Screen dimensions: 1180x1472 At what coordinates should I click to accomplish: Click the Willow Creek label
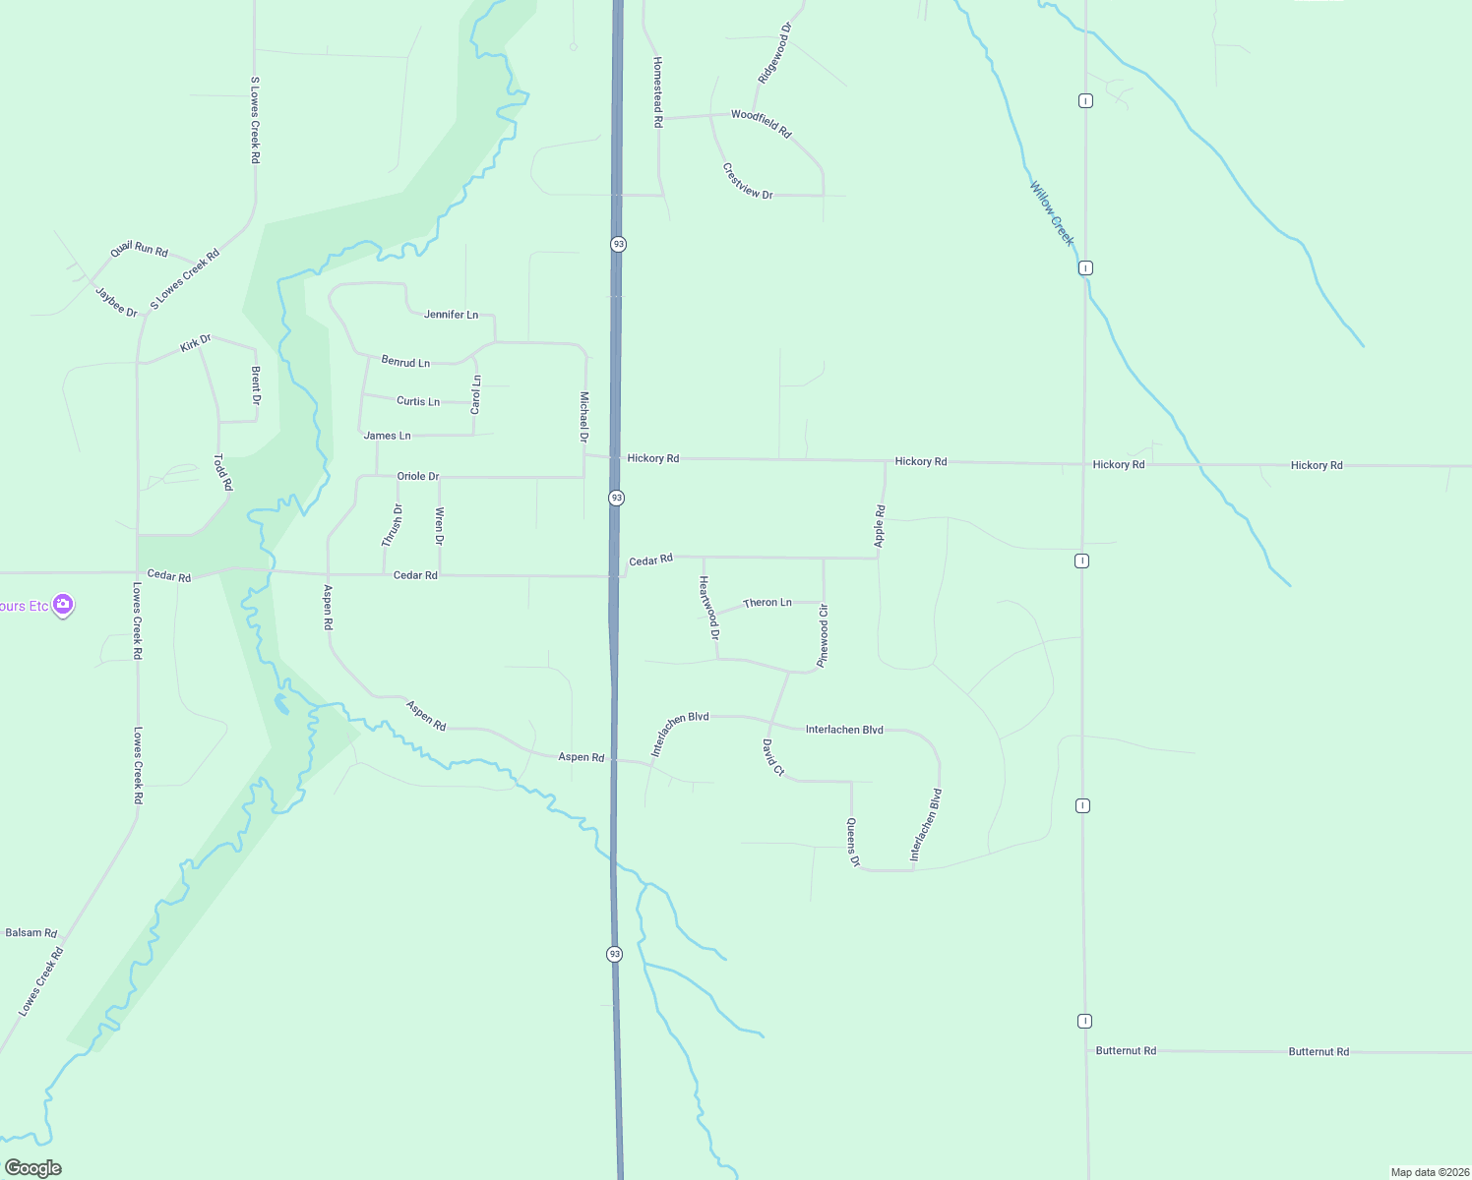pos(1052,213)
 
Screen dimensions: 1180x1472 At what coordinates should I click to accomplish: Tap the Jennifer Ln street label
pos(451,315)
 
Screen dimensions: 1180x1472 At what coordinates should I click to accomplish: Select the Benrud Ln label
pos(405,362)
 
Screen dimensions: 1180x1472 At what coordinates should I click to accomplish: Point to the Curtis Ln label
pos(418,401)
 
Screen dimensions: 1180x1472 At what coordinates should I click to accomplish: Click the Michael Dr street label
pos(583,417)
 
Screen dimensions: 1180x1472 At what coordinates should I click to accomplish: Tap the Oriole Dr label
pos(417,476)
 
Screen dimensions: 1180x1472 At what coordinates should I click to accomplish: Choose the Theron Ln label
pos(767,603)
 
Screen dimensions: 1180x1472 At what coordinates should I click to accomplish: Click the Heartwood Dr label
pos(708,608)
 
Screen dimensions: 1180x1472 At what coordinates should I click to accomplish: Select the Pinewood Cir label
pos(824,636)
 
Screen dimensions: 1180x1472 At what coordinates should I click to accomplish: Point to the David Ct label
pos(773,757)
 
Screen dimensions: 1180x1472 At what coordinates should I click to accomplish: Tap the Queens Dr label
pos(853,843)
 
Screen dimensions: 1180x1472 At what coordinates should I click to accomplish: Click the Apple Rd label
pos(880,526)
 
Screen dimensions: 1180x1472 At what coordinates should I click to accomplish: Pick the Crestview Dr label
pos(748,182)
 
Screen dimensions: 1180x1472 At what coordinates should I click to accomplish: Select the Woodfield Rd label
pos(761,123)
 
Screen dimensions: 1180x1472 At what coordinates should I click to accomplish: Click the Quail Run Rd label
pos(139,250)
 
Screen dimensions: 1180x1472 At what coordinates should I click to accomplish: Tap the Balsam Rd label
pos(31,932)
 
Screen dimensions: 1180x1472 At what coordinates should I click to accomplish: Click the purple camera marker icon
pos(63,605)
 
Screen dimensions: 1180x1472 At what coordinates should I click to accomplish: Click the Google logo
pos(32,1168)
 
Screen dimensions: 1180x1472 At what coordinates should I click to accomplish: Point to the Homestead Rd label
pos(658,91)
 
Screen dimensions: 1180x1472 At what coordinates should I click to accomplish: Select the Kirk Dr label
pos(196,343)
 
